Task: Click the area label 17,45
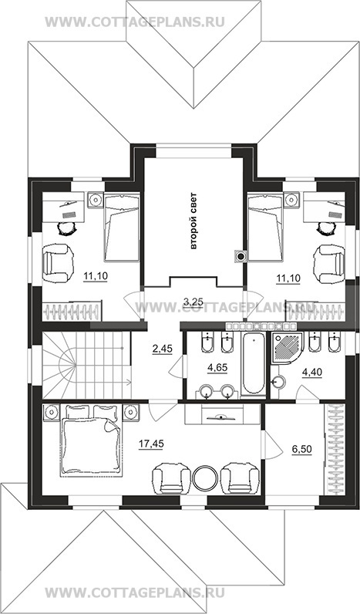click(151, 444)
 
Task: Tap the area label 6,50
click(301, 449)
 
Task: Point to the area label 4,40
click(312, 373)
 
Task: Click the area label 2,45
click(161, 348)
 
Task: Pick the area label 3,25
click(193, 302)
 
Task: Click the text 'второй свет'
click(193, 221)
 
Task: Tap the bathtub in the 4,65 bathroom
click(252, 363)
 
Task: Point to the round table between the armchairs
click(205, 477)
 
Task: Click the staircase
click(87, 365)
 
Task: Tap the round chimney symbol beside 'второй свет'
click(241, 257)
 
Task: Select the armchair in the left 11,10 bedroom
click(59, 263)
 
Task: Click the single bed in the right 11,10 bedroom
click(266, 227)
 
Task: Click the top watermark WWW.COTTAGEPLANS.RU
click(135, 22)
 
